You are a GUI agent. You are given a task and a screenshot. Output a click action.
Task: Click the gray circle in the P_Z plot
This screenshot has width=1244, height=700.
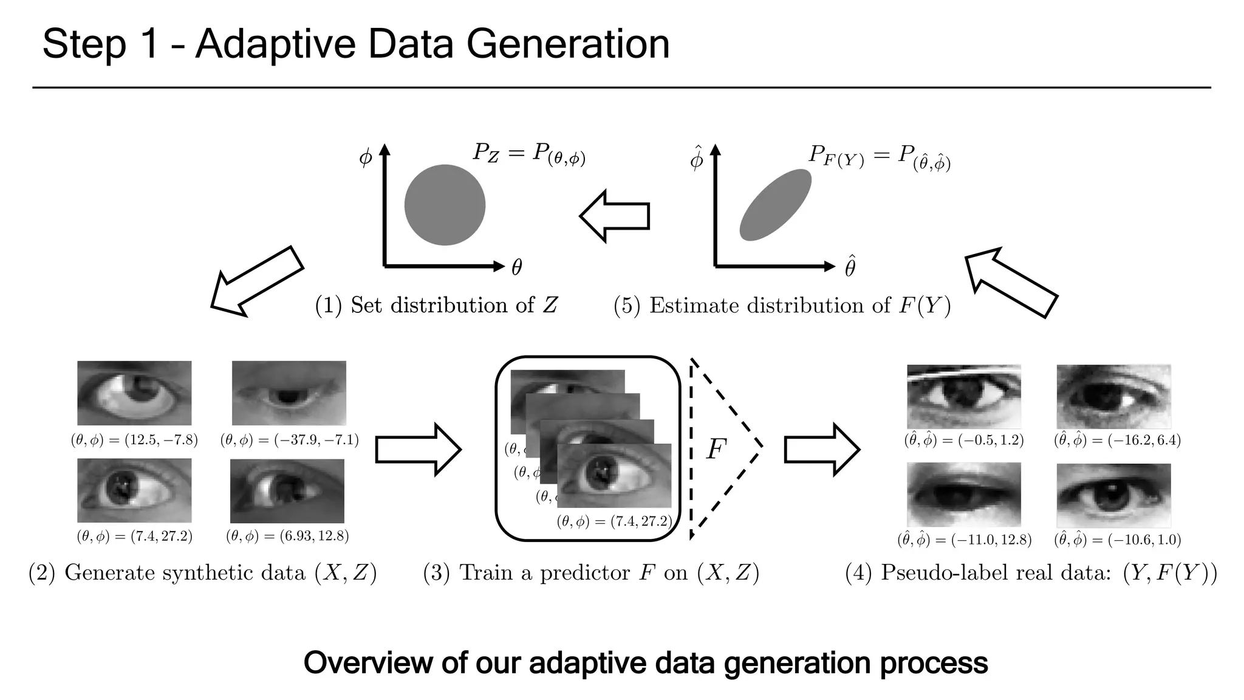pos(445,205)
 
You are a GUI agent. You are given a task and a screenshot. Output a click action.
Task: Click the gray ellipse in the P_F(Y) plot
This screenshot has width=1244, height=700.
pos(775,205)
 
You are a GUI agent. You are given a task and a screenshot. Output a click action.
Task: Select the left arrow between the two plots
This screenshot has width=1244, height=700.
pos(615,216)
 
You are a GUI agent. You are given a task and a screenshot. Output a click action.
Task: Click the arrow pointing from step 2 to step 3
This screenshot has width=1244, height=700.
pos(419,450)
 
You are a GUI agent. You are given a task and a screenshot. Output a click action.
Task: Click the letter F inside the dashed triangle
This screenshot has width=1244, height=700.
pos(716,450)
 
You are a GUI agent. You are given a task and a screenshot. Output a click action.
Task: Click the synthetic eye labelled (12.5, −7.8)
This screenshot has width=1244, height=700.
pos(134,393)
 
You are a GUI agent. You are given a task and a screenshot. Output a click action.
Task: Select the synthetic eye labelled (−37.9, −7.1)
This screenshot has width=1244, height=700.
pos(289,393)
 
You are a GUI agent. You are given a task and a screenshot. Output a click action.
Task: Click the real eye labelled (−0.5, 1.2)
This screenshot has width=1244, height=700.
pos(963,396)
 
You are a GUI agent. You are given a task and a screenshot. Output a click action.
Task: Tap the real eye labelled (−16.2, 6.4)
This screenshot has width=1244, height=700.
pos(1113,396)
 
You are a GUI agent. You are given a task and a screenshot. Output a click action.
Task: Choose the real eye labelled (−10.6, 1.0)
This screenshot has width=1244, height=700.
pos(1113,495)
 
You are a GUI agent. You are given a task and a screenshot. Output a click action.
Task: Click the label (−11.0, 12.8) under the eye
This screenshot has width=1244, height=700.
pos(964,540)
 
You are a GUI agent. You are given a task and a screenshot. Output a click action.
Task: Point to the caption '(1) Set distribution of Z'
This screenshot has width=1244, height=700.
pos(436,305)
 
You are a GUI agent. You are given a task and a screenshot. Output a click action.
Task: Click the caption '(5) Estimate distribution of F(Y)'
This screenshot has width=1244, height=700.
pos(782,305)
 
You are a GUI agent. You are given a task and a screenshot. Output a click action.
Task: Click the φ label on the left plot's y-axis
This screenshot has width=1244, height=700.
pos(365,157)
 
